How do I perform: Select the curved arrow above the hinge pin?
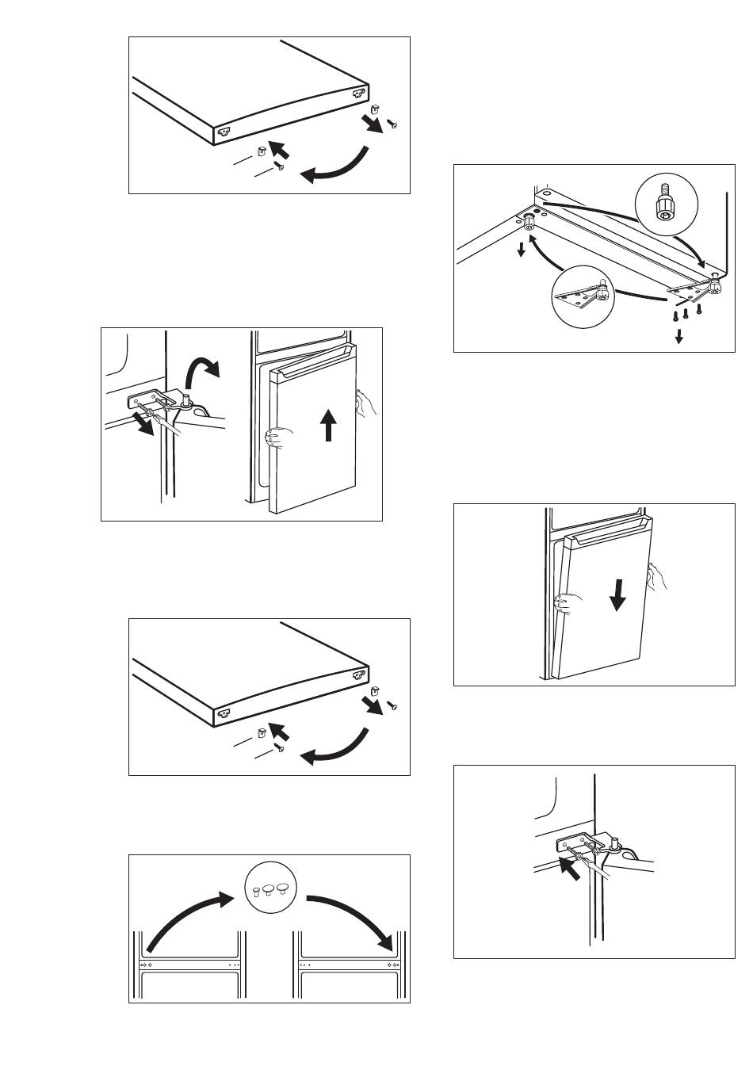[x=202, y=373]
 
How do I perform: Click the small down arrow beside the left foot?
[x=522, y=250]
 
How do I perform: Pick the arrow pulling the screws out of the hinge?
[x=146, y=426]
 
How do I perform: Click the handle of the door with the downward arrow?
[x=606, y=539]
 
